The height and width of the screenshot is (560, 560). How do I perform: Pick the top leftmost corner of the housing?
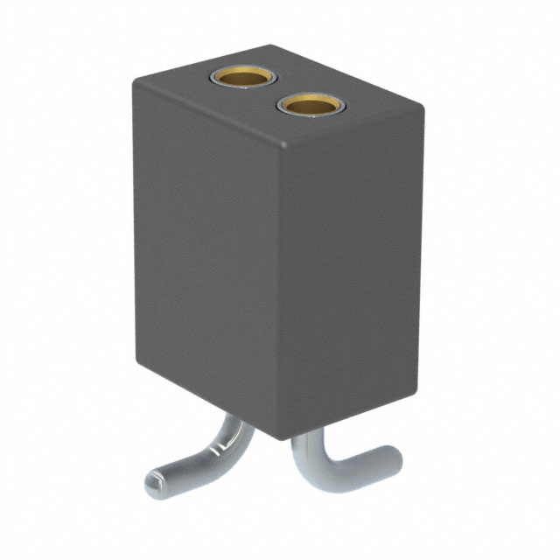pos(134,81)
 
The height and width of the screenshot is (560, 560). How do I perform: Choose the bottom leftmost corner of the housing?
pos(139,366)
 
